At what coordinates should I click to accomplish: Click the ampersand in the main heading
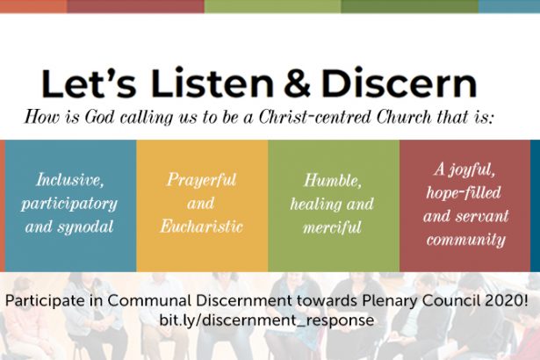click(x=299, y=83)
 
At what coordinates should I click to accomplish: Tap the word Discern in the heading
click(x=400, y=83)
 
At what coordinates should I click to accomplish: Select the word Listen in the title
click(x=212, y=83)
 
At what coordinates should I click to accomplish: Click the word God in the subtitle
click(x=99, y=117)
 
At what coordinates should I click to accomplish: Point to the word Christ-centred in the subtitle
click(x=314, y=117)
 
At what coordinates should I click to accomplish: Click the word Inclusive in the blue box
click(x=70, y=179)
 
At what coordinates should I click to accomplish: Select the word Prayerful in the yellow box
click(x=202, y=180)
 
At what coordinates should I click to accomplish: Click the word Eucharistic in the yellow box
click(x=202, y=227)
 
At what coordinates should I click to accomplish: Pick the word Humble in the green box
click(x=333, y=180)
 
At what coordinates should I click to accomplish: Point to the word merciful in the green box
click(x=332, y=227)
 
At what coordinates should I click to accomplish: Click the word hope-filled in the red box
click(x=464, y=192)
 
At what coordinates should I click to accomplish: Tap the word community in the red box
click(x=466, y=240)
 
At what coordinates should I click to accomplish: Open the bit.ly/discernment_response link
click(x=267, y=320)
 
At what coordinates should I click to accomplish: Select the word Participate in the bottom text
click(x=45, y=301)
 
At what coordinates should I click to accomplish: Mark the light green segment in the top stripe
click(x=273, y=6)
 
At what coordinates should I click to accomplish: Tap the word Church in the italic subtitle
click(x=404, y=117)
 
